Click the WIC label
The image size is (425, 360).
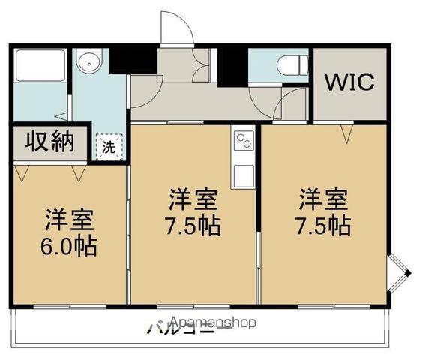click(x=349, y=82)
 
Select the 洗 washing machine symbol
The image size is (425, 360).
click(x=109, y=148)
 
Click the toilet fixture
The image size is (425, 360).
click(x=291, y=66)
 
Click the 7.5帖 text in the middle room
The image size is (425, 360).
click(x=193, y=225)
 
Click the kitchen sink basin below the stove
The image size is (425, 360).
click(x=243, y=177)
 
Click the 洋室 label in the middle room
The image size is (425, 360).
click(x=193, y=200)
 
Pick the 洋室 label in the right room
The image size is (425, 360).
click(x=324, y=199)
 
